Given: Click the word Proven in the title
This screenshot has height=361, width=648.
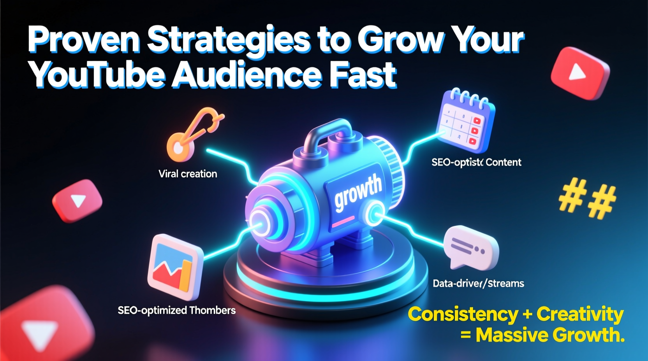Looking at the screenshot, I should tap(83, 40).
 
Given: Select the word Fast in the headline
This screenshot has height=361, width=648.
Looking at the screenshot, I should tap(362, 75).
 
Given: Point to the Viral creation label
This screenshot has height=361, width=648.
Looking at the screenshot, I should tap(188, 174).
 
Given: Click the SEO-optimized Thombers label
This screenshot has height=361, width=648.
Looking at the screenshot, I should tap(176, 310).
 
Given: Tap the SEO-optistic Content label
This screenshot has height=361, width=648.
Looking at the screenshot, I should tap(476, 162).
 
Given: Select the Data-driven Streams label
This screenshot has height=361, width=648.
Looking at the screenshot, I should tap(478, 283).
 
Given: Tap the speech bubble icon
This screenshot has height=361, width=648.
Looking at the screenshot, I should tap(470, 247).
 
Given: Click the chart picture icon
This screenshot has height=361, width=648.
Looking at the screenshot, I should tap(175, 266).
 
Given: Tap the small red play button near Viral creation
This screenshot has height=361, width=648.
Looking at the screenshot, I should tap(77, 201).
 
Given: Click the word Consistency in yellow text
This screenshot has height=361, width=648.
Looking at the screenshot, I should tap(463, 314).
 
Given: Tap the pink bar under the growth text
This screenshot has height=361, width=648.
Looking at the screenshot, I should tap(343, 222).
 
